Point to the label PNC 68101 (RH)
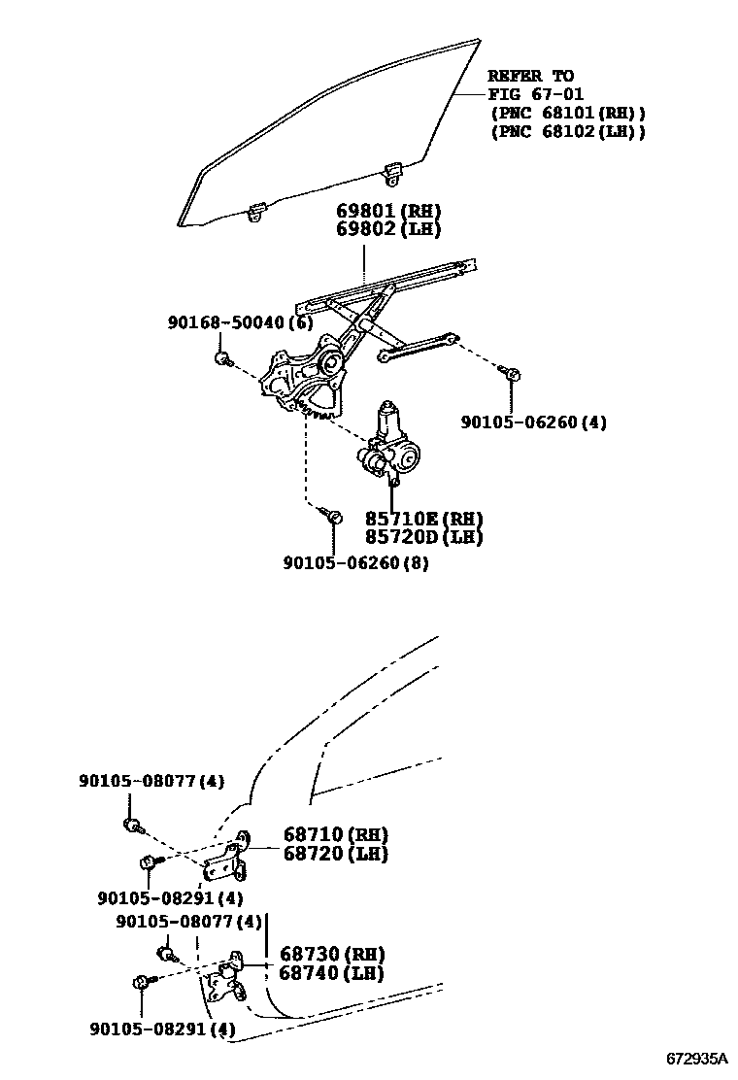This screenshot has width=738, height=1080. [x=567, y=113]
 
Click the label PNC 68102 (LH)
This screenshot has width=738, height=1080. [x=567, y=131]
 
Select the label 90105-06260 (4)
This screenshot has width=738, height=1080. [x=533, y=422]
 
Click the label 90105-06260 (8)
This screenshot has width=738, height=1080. [x=356, y=562]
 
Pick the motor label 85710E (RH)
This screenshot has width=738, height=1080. [x=423, y=519]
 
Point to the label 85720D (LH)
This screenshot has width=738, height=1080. [x=423, y=537]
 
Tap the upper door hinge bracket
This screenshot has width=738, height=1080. [x=233, y=858]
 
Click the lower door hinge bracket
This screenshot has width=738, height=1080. [x=230, y=977]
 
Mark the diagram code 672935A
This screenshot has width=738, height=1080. [x=695, y=1058]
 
